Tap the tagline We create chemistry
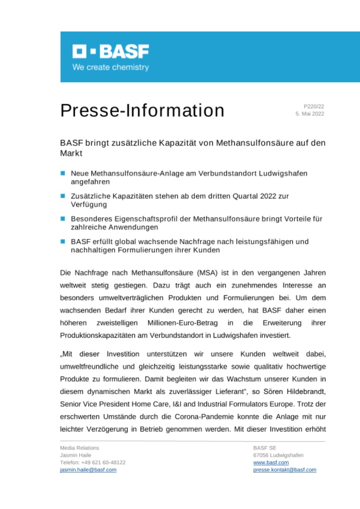coord(110,67)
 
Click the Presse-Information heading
coord(142,111)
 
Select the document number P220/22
coord(314,106)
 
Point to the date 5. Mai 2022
coord(309,114)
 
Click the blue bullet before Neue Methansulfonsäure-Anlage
coord(62,173)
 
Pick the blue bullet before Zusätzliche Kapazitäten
coord(62,196)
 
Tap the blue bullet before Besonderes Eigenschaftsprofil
coord(62,219)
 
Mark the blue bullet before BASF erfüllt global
coord(62,241)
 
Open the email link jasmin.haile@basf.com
coord(88,470)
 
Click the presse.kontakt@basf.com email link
coord(284,470)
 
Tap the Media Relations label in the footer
coord(80,448)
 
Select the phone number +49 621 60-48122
coord(103,462)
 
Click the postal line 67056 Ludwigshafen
coord(278,455)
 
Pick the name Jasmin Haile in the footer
coord(76,455)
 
